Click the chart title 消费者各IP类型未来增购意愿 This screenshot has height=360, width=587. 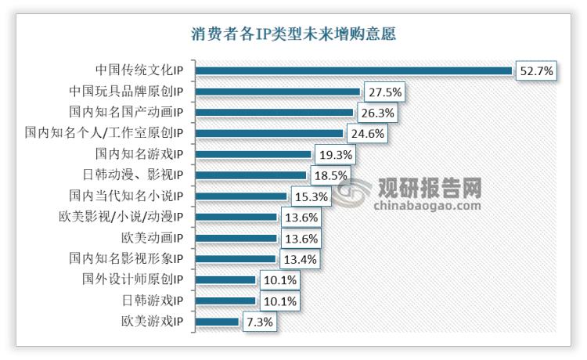(293, 34)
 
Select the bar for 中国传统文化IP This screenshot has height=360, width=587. (353, 70)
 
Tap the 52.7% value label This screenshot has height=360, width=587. (536, 70)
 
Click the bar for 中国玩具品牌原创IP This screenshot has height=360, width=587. (277, 92)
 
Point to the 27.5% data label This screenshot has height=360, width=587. (384, 92)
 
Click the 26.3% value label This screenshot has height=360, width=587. (378, 113)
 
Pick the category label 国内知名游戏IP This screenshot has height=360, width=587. (139, 154)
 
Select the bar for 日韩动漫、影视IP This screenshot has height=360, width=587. (250, 175)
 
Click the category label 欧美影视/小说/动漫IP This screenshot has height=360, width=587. (126, 217)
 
